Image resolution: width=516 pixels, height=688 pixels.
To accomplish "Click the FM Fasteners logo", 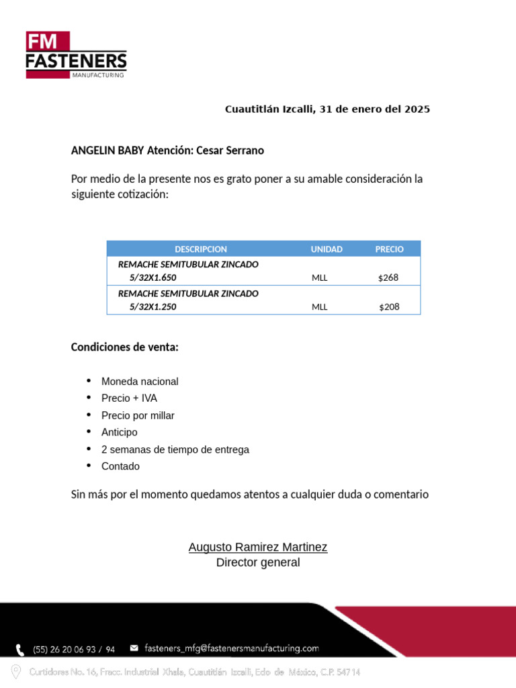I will pyautogui.click(x=76, y=55).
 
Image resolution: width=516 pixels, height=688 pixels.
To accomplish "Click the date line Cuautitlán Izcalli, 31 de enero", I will pyautogui.click(x=327, y=109).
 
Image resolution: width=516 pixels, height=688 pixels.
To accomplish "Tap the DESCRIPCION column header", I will pyautogui.click(x=201, y=249).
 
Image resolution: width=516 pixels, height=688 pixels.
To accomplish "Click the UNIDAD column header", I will pyautogui.click(x=327, y=249).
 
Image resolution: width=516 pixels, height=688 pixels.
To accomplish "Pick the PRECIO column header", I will pyautogui.click(x=389, y=249).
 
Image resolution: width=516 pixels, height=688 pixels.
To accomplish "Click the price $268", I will pyautogui.click(x=388, y=277).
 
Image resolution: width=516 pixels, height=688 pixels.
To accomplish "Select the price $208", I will pyautogui.click(x=389, y=307).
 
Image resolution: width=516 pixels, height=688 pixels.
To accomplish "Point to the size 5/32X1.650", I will pyautogui.click(x=153, y=277).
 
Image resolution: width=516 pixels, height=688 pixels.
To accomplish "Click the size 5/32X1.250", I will pyautogui.click(x=153, y=307).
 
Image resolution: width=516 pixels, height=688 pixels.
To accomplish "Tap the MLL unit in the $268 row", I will pyautogui.click(x=320, y=277).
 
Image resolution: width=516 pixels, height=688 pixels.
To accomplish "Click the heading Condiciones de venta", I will pyautogui.click(x=125, y=347).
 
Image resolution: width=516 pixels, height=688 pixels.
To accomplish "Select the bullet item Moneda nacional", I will pyautogui.click(x=140, y=382).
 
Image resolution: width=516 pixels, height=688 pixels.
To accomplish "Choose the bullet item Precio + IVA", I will pyautogui.click(x=129, y=398).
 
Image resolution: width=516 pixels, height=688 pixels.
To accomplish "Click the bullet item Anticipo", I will pyautogui.click(x=120, y=433).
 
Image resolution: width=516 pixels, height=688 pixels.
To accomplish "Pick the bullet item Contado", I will pyautogui.click(x=121, y=466).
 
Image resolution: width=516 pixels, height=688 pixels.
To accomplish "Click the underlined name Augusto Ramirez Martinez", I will pyautogui.click(x=258, y=547).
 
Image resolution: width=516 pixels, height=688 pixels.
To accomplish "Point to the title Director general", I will pyautogui.click(x=258, y=562).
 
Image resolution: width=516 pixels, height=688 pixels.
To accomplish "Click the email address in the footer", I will pyautogui.click(x=232, y=648).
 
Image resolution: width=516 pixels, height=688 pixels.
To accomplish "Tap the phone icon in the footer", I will pyautogui.click(x=21, y=649).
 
